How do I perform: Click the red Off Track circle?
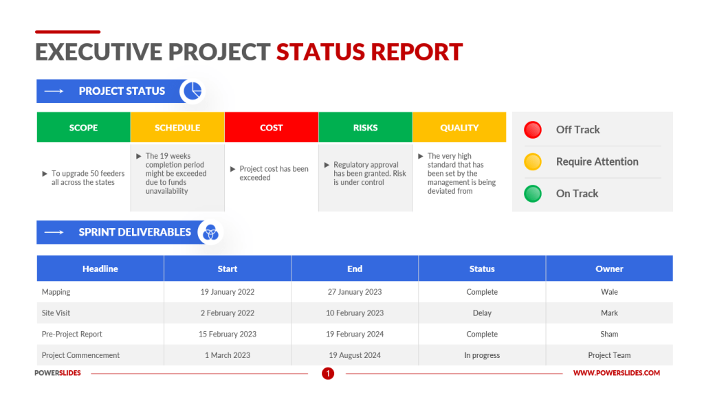[533, 130]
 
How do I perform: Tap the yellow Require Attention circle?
[533, 162]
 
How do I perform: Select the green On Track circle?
[533, 194]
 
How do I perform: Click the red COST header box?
[272, 128]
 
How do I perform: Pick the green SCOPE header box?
[83, 128]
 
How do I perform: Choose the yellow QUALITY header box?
[459, 128]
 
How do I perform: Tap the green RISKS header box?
[365, 128]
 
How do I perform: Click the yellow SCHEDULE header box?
[177, 128]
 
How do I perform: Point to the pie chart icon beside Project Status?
[192, 91]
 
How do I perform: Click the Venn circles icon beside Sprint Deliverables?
[210, 233]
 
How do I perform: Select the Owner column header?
[609, 269]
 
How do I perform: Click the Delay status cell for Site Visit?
[482, 313]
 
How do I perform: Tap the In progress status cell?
[482, 355]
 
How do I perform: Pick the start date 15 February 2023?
[228, 335]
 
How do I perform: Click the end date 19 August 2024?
[355, 355]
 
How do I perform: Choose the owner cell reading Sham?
[609, 335]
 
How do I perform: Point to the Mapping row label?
[56, 292]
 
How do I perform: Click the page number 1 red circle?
[328, 374]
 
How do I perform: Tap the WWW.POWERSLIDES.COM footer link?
[616, 373]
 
